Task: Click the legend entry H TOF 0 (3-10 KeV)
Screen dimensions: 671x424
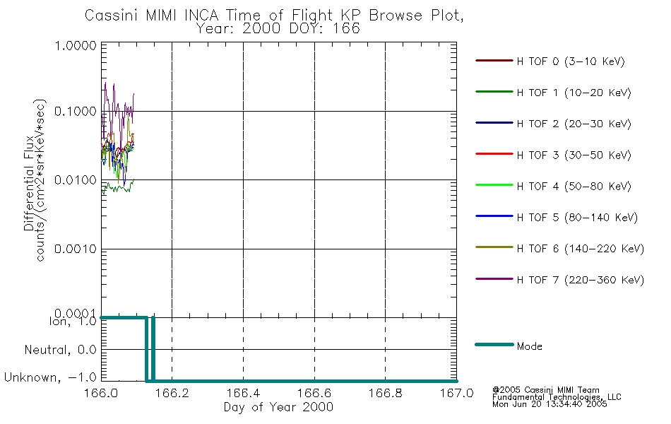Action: tap(571, 61)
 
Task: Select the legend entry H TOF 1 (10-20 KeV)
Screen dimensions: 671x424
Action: tap(574, 93)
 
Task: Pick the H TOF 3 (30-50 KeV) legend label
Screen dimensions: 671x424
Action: tap(574, 155)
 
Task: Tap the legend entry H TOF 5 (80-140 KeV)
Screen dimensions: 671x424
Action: tap(577, 218)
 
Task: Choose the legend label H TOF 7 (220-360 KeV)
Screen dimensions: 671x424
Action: tap(580, 280)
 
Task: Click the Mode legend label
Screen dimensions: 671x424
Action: tap(529, 346)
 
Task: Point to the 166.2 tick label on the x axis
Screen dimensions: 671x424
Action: tap(172, 393)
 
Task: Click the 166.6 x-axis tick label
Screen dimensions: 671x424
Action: tap(314, 393)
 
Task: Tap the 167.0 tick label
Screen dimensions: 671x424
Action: tap(456, 393)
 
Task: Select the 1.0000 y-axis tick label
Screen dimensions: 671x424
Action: tap(76, 45)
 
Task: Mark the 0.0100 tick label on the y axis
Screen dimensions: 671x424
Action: tap(76, 180)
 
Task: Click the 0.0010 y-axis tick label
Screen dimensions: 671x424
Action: tap(76, 249)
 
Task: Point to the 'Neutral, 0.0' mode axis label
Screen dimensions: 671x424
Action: tap(60, 350)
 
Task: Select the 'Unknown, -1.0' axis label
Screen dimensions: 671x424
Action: tap(50, 377)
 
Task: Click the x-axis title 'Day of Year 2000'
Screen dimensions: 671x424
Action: tap(278, 407)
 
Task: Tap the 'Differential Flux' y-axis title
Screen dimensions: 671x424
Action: tap(29, 183)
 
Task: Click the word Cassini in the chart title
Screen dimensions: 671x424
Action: tap(112, 16)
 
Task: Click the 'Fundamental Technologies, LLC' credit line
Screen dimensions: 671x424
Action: tap(557, 397)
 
